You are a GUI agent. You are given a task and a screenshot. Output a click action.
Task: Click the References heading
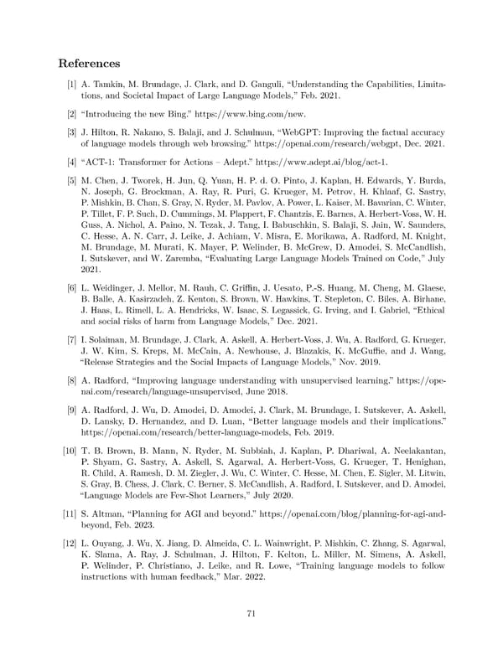(89, 64)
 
